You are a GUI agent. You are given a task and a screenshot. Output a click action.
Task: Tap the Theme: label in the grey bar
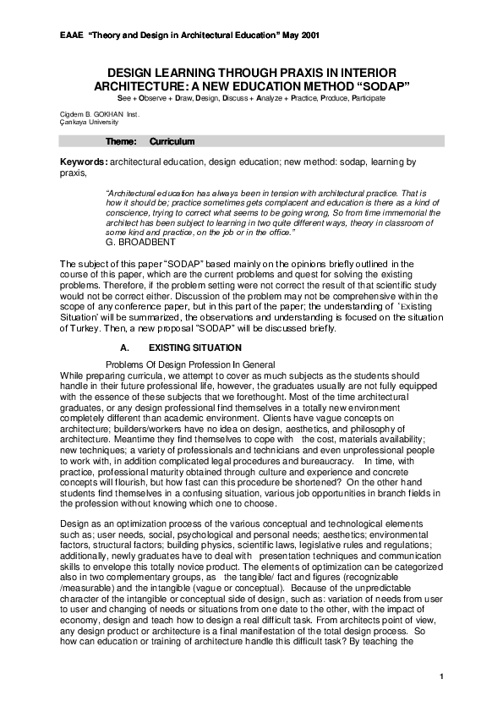(121, 141)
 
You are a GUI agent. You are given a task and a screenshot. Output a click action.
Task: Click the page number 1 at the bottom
(442, 678)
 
